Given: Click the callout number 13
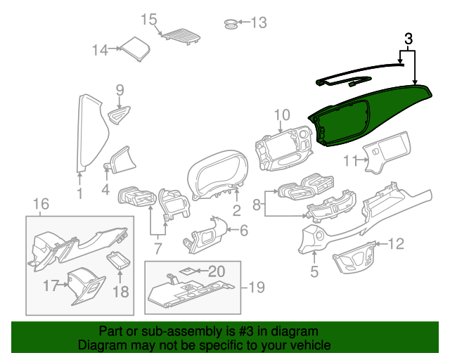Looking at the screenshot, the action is pyautogui.click(x=259, y=22).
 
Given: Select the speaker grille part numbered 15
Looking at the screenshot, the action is pyautogui.click(x=181, y=36).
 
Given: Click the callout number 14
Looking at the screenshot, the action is pyautogui.click(x=100, y=50).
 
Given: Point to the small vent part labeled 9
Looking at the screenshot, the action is pyautogui.click(x=119, y=115).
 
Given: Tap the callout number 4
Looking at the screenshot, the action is pyautogui.click(x=105, y=190).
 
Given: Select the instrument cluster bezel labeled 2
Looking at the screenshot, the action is pyautogui.click(x=217, y=174).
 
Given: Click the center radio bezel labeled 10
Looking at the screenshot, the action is pyautogui.click(x=283, y=148).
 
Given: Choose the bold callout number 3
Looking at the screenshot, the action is pyautogui.click(x=409, y=39).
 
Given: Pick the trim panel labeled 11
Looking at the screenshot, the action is pyautogui.click(x=386, y=153).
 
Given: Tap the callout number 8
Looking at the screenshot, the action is pyautogui.click(x=257, y=205).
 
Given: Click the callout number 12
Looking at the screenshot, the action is pyautogui.click(x=396, y=244).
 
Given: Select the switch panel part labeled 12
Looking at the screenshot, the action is pyautogui.click(x=354, y=257).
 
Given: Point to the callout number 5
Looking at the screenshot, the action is pyautogui.click(x=314, y=271).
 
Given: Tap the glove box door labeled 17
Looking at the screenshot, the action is pyautogui.click(x=86, y=286).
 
